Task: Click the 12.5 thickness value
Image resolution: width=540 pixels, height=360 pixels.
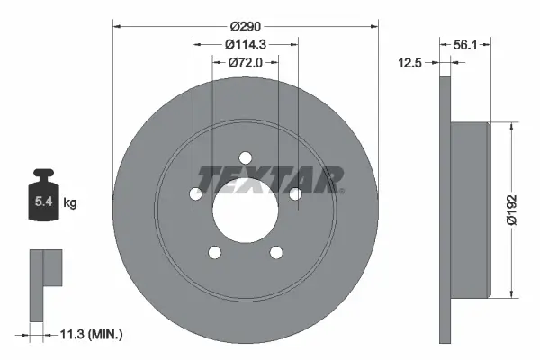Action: tap(411, 63)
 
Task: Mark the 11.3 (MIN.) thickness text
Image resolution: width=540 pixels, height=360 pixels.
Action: tap(88, 334)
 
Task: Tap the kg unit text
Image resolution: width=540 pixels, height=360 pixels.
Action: tap(70, 204)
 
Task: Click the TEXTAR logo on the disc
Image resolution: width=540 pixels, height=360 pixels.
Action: tap(270, 178)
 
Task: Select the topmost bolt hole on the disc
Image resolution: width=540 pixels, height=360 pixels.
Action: tap(246, 158)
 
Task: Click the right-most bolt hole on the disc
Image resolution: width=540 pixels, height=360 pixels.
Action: tap(294, 193)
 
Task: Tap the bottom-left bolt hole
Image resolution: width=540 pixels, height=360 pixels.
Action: tap(215, 252)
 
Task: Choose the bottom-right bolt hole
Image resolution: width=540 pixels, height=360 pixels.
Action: tap(275, 252)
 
